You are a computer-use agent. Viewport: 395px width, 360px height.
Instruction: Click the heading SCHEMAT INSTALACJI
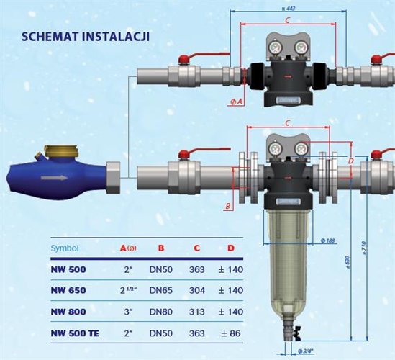(x=86, y=36)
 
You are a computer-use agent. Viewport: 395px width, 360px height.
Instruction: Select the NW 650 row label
(x=68, y=292)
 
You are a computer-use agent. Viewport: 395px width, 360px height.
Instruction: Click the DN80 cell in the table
(x=161, y=312)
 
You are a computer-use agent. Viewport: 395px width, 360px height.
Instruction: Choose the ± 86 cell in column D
(x=232, y=334)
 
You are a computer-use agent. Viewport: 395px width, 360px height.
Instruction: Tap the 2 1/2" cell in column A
(x=129, y=292)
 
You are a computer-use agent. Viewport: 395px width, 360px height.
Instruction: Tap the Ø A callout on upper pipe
(x=237, y=102)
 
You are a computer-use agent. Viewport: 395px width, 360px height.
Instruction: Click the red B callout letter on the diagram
(x=227, y=207)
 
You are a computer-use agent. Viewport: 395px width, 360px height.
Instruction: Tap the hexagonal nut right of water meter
(x=114, y=176)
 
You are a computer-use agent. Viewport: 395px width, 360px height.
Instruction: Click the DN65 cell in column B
(x=161, y=292)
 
